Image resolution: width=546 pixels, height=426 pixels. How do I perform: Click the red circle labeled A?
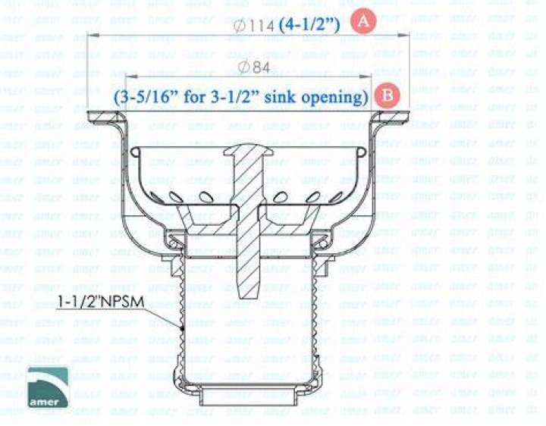coord(363,21)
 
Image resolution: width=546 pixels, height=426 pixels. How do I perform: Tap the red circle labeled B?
coord(387,96)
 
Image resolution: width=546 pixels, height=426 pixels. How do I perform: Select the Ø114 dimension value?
coord(254,26)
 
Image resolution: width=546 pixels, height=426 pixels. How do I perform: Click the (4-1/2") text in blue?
coord(309,25)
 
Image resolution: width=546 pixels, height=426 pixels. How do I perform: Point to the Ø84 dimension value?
coord(256,67)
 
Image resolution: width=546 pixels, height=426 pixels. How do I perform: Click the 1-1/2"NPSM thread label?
coord(101,302)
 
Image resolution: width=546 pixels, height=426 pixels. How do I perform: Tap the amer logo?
coord(48,387)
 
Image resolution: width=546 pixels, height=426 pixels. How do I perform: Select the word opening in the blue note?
coord(334,97)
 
